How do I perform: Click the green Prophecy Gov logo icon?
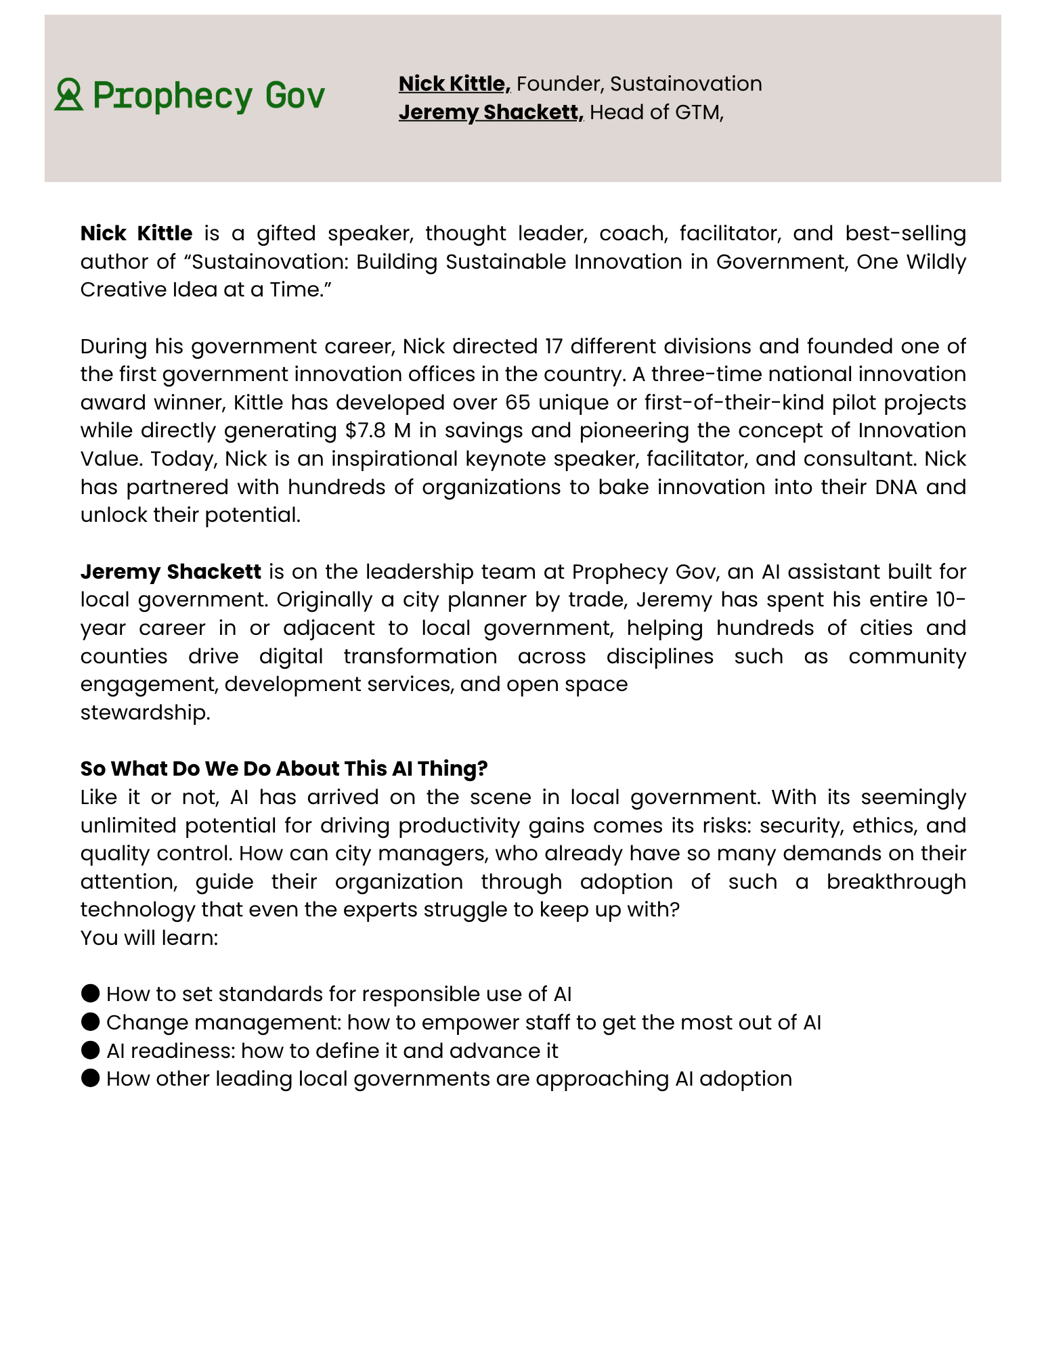[69, 95]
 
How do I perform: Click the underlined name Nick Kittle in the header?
[454, 84]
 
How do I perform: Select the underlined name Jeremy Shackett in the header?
[490, 112]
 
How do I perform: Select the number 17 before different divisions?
[554, 347]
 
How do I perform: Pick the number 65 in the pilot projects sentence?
[519, 403]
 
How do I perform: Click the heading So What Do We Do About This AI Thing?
[284, 769]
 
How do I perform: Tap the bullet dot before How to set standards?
[90, 994]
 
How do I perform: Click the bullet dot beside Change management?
[90, 1022]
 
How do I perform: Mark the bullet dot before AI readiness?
[90, 1050]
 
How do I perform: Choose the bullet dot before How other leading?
[90, 1078]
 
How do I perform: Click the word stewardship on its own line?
[145, 713]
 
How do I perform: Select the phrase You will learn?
[149, 938]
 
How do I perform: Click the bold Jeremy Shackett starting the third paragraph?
[171, 572]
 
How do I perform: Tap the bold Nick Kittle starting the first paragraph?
[136, 234]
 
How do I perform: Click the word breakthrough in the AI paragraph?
[896, 882]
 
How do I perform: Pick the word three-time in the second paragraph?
[709, 374]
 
